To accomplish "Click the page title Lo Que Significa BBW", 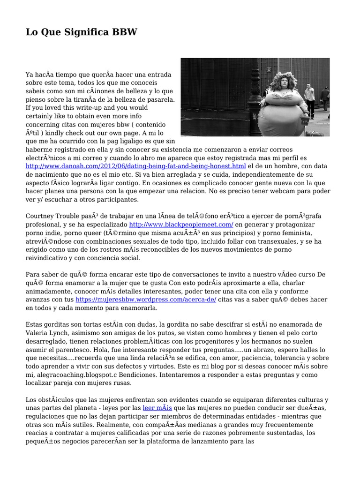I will click(x=82, y=32).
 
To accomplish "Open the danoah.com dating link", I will click(x=136, y=166).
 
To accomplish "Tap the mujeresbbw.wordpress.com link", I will click(x=146, y=299).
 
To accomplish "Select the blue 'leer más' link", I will click(x=157, y=408).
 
